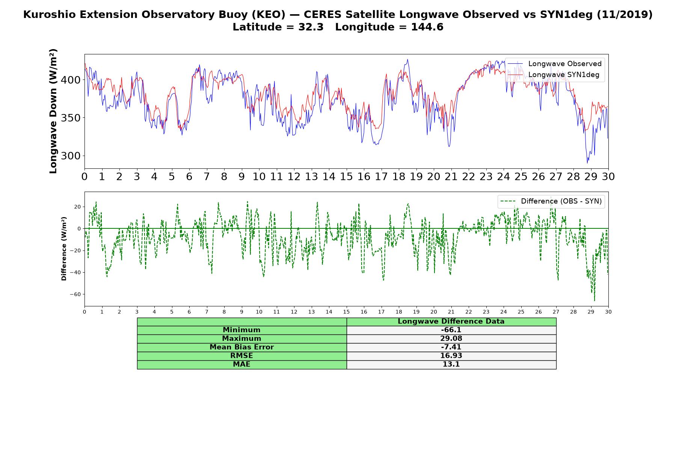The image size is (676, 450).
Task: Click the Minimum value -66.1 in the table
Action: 451,330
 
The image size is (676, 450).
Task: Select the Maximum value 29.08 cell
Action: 451,339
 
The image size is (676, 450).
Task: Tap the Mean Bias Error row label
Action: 241,347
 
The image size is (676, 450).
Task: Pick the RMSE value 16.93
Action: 451,356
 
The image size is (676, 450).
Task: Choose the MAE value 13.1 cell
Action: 451,364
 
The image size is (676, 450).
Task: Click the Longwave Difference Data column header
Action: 451,321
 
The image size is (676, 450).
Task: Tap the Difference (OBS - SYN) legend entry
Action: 551,201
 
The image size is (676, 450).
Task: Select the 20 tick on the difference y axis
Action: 78,207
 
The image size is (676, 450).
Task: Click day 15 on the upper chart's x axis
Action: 346,177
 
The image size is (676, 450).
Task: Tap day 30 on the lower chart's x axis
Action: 608,312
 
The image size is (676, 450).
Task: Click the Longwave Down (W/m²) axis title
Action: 53,111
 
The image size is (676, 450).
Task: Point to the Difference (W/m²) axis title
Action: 64,249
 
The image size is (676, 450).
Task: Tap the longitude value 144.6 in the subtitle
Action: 427,27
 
